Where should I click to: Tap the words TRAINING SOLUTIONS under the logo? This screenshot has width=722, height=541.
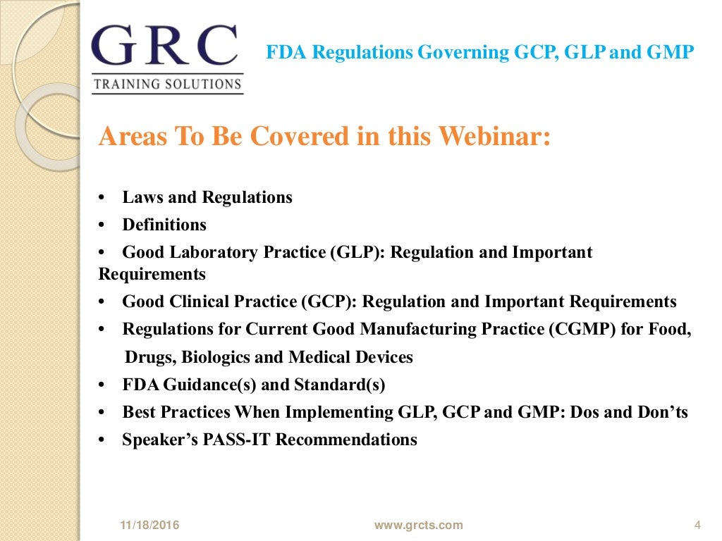tap(168, 85)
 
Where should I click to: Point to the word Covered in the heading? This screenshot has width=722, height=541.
tap(281, 136)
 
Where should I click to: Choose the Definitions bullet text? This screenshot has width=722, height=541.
tap(164, 225)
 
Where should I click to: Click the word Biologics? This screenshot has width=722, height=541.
tap(215, 357)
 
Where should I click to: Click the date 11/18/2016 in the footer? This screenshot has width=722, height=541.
tap(149, 525)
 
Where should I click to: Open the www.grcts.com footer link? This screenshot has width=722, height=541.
tap(418, 525)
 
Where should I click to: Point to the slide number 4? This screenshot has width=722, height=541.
tap(697, 525)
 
